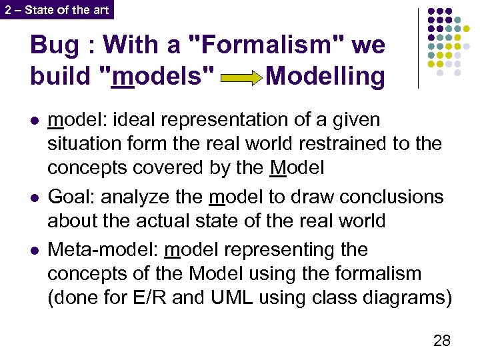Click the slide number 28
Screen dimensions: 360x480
(x=441, y=341)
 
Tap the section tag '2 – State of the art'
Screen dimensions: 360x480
(x=56, y=9)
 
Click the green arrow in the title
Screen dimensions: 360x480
(x=242, y=79)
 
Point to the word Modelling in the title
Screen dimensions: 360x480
(x=325, y=77)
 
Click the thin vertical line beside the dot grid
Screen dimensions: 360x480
(x=419, y=48)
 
